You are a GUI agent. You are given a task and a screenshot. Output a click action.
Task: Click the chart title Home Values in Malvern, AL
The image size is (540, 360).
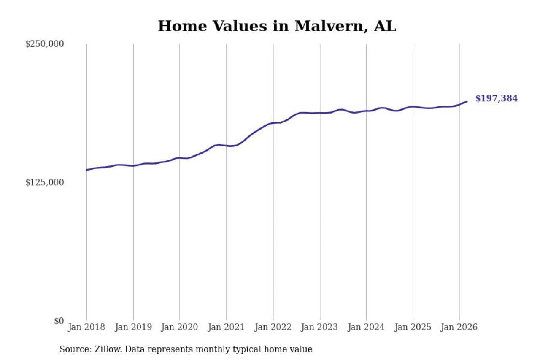277,26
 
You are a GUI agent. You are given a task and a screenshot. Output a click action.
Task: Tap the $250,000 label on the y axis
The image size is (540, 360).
44,44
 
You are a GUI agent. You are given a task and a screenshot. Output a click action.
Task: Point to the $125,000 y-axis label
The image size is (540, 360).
44,182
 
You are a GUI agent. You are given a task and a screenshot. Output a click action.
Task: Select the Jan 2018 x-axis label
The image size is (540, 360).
87,327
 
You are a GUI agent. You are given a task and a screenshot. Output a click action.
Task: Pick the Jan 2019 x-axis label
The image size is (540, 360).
133,327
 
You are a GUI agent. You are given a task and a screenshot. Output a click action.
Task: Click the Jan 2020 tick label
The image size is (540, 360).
180,327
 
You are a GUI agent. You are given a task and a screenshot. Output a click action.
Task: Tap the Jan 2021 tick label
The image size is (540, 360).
227,327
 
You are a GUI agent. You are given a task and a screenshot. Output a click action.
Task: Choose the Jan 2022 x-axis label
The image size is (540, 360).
273,327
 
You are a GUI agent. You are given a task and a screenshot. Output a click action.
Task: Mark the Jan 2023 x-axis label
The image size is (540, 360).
320,327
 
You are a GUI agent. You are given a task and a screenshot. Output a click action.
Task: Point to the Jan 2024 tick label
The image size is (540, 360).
366,327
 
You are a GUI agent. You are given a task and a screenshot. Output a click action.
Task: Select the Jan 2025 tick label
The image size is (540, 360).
413,327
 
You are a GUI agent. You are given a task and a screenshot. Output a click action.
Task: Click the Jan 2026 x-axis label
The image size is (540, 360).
459,327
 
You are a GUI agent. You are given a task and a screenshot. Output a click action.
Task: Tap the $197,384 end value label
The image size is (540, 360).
497,99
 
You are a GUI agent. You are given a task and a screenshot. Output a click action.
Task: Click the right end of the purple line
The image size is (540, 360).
467,101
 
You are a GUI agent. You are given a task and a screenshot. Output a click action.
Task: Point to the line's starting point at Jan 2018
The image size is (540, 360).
87,170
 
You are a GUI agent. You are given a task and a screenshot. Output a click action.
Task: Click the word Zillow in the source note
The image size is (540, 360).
101,349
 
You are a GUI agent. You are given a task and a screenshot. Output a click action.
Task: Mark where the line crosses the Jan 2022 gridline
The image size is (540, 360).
273,123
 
